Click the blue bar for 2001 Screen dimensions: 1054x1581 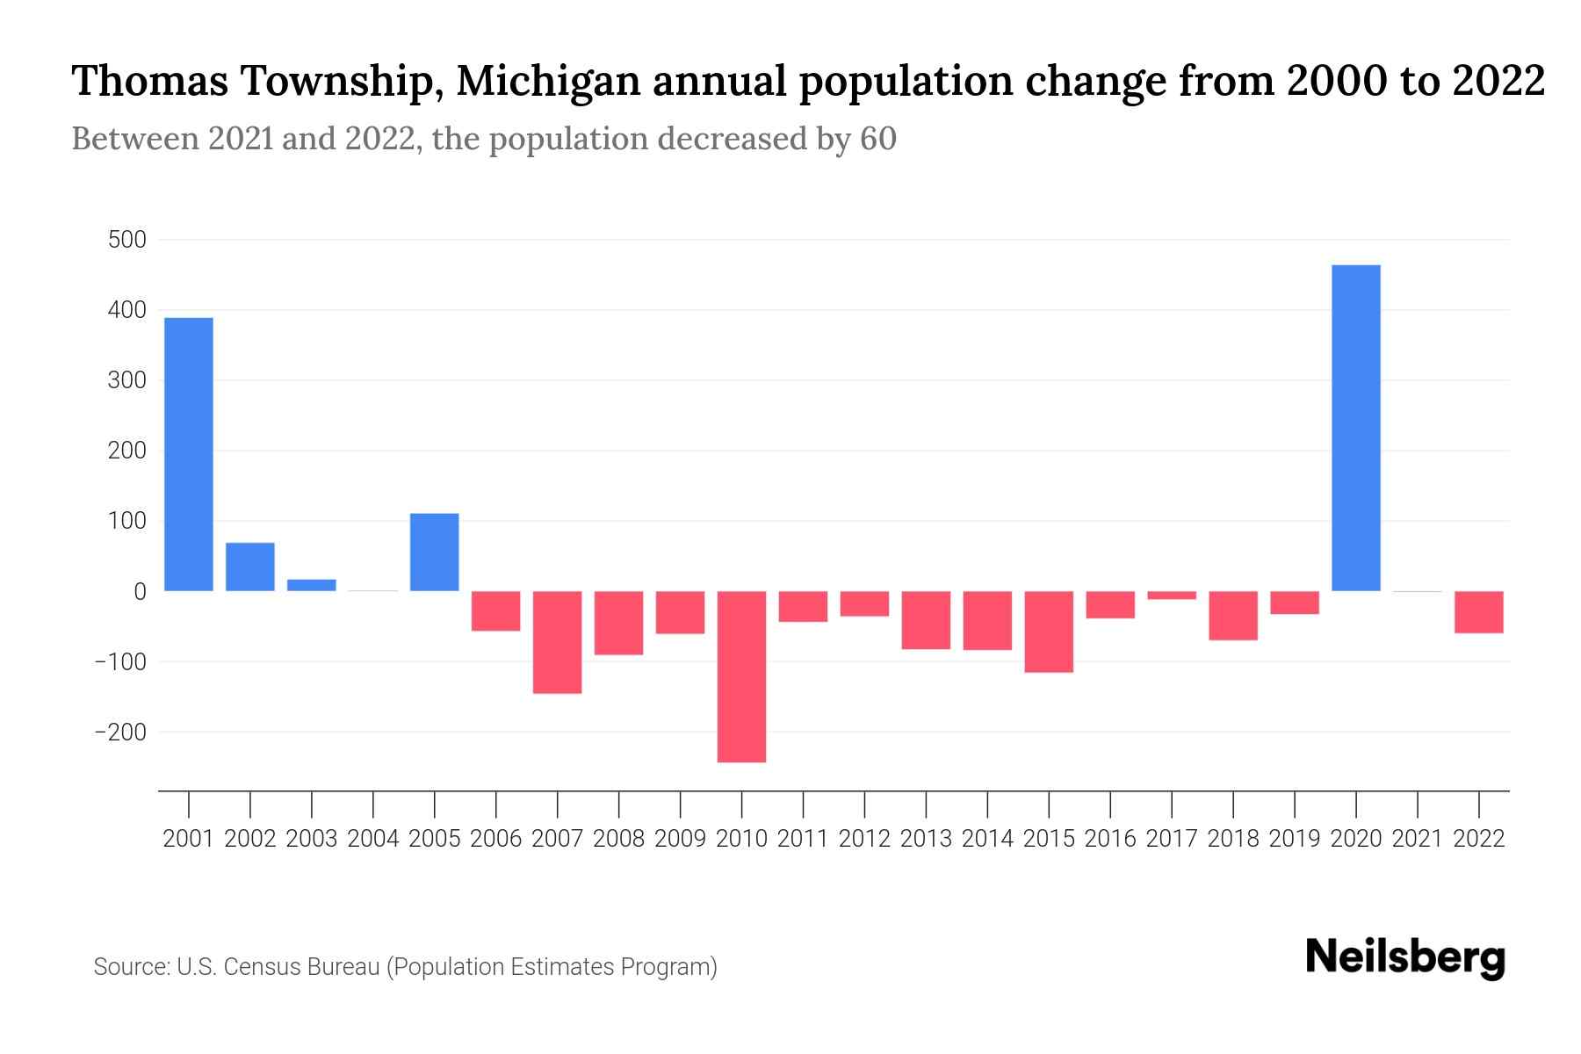pos(189,454)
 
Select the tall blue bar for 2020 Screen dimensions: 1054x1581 pos(1355,428)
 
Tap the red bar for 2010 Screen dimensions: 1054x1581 pos(741,676)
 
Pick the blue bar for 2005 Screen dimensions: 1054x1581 pos(435,552)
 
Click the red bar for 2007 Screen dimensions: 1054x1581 pos(557,642)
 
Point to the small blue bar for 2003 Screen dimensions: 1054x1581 pos(312,585)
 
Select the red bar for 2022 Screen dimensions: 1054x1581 pos(1478,612)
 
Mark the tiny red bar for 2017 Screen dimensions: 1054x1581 pos(1171,596)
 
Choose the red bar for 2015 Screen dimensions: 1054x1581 pos(1049,632)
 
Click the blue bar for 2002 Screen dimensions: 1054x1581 pos(250,567)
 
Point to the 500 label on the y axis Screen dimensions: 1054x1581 pos(126,240)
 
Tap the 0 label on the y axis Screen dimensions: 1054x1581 pos(140,591)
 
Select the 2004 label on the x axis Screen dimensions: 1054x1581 pos(373,839)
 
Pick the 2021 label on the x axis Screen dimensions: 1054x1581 pos(1417,839)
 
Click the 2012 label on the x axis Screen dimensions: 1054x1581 pos(864,839)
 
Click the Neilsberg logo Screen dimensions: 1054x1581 pos(1404,957)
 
